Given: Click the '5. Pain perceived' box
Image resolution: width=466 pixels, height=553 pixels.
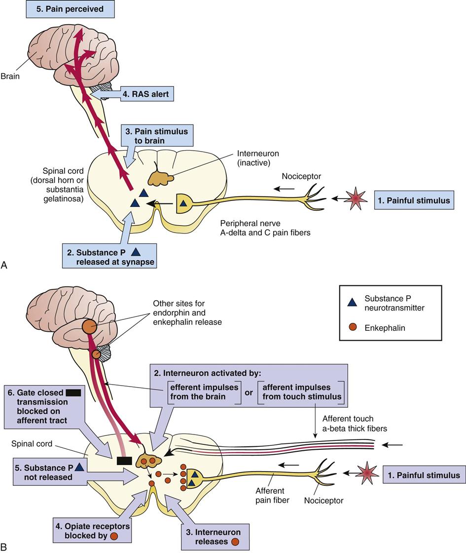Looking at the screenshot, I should pos(70,8).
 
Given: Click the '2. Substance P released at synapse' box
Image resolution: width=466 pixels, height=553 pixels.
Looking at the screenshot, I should pos(109,256).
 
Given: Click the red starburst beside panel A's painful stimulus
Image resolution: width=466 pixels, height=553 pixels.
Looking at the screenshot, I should pos(355,198).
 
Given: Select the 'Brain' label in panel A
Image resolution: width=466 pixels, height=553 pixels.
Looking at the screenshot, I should pos(11,77).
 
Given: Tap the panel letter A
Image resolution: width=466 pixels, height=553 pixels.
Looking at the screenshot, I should pos(4,266).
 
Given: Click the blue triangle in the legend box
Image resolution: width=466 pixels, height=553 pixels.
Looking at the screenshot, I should pos(352,303).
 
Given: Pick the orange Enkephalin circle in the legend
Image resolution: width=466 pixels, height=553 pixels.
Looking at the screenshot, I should pos(352,327).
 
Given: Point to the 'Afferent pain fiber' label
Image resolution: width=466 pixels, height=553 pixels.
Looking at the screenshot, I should pos(271,495).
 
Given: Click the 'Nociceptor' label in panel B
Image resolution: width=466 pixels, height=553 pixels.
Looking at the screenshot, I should pos(324,500).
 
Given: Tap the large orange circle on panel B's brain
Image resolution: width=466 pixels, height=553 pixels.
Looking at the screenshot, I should pos(89,326).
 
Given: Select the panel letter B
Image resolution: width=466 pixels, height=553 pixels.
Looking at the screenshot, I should pos(4,547).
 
